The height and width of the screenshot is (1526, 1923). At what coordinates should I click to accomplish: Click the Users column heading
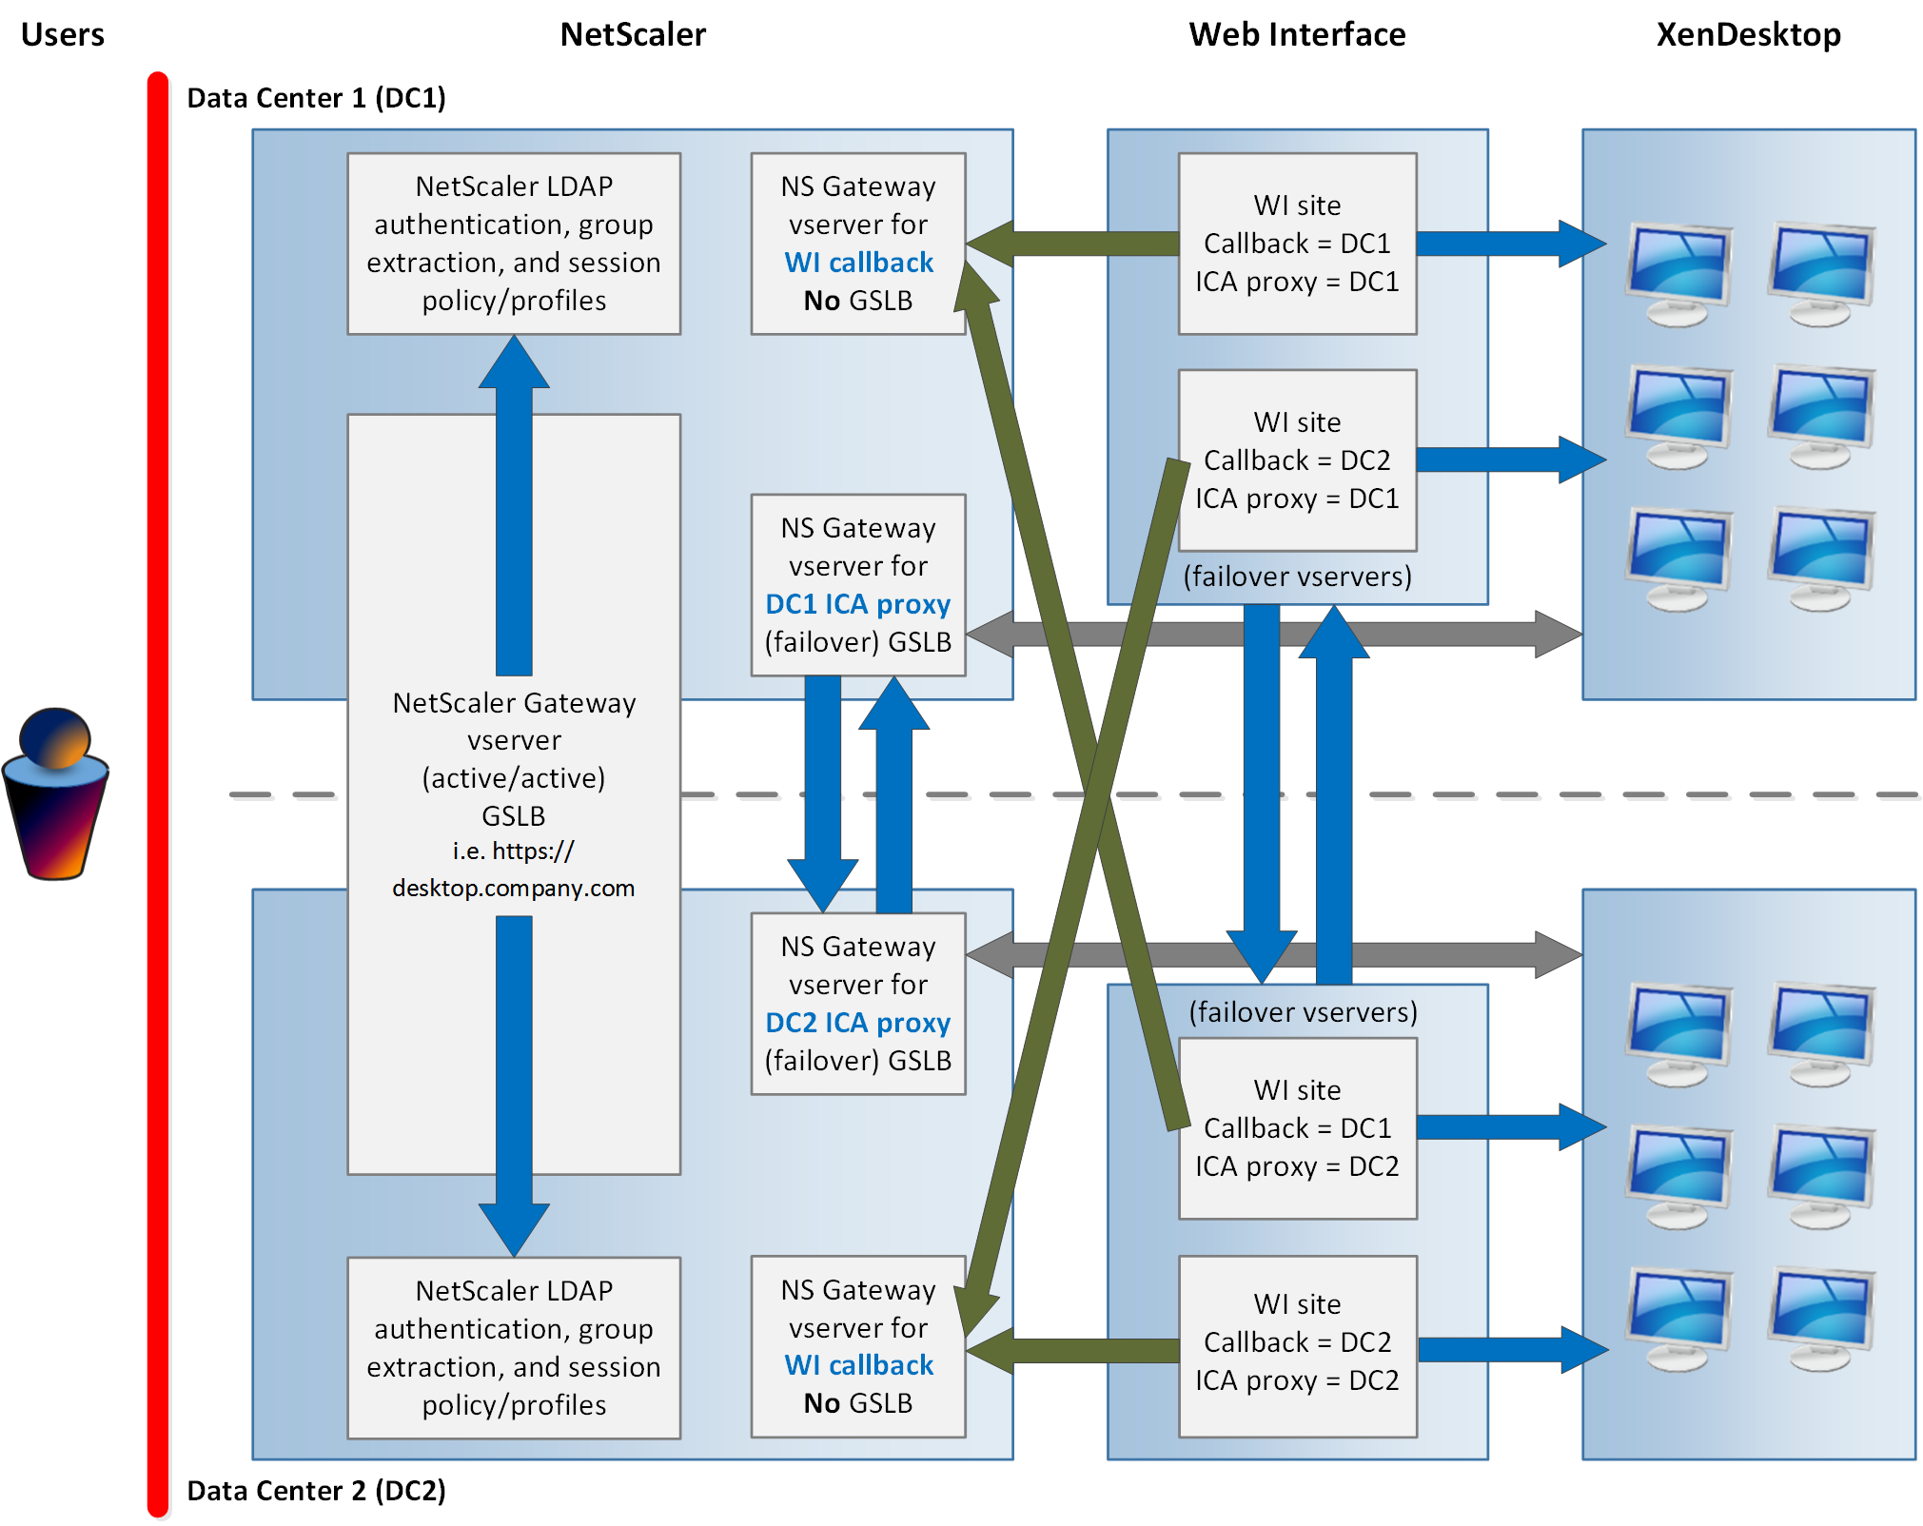click(x=63, y=34)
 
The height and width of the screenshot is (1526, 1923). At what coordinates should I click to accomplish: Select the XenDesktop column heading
click(x=1748, y=34)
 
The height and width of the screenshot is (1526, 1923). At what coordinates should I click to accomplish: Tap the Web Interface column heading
click(x=1297, y=34)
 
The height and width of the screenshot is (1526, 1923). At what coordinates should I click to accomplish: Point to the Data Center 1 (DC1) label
click(x=316, y=98)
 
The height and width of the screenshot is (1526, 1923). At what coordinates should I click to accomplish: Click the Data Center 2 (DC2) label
click(x=316, y=1490)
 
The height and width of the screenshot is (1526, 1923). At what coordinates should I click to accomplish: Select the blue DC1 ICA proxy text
click(x=857, y=604)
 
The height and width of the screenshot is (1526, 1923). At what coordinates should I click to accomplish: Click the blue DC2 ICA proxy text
click(x=857, y=1023)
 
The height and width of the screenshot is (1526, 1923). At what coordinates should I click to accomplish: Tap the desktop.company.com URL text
click(x=513, y=888)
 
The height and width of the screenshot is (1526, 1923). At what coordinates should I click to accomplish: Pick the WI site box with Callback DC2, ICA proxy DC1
click(x=1297, y=460)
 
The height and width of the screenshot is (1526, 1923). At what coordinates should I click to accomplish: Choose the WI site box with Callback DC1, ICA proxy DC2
click(x=1297, y=1128)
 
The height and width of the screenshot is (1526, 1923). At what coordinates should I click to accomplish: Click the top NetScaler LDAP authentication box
click(x=514, y=244)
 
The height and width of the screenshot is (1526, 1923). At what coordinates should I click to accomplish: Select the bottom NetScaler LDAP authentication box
click(x=514, y=1347)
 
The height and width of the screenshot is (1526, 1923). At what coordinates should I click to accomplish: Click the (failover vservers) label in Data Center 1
click(x=1297, y=577)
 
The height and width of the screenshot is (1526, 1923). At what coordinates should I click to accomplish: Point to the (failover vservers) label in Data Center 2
click(x=1303, y=1011)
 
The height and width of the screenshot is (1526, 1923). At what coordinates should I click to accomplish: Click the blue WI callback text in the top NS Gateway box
click(x=858, y=263)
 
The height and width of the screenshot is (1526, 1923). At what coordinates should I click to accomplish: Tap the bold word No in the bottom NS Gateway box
click(x=821, y=1403)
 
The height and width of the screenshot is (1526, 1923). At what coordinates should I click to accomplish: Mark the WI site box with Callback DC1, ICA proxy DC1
click(x=1297, y=244)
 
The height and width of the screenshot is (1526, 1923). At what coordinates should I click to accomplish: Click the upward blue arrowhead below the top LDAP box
click(x=514, y=363)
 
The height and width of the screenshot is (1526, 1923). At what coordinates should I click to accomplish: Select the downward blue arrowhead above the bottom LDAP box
click(x=514, y=1229)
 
